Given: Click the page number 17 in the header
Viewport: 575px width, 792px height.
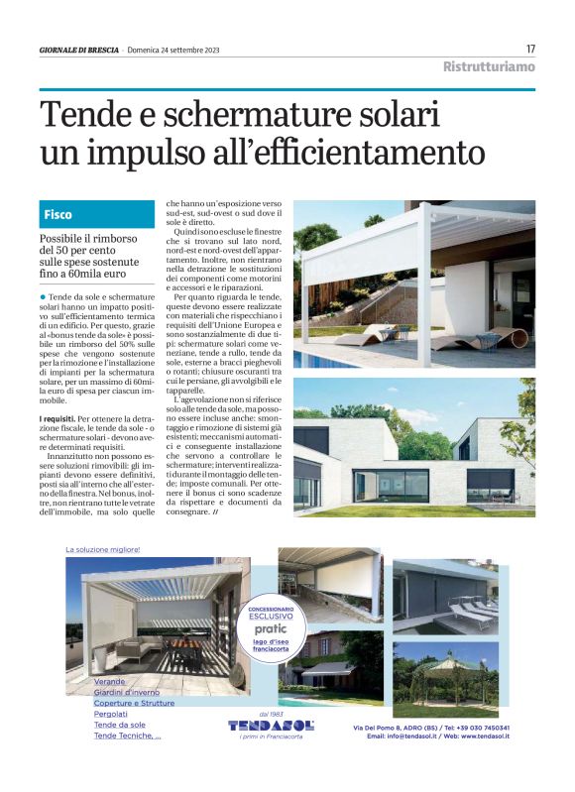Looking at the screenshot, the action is tap(530, 49).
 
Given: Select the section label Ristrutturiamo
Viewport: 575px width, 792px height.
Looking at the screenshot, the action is tap(489, 67).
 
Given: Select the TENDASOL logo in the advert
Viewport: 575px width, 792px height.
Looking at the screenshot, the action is tap(270, 725).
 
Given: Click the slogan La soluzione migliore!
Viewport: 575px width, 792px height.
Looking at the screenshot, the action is tap(103, 549).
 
